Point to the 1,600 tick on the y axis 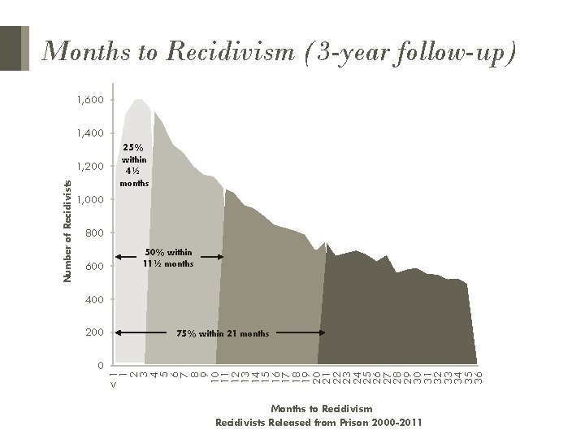pyautogui.click(x=91, y=100)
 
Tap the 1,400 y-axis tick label pyautogui.click(x=91, y=133)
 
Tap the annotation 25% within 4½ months pyautogui.click(x=132, y=165)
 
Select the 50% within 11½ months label pyautogui.click(x=168, y=258)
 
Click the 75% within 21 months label pyautogui.click(x=223, y=333)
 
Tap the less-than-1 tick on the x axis pyautogui.click(x=113, y=379)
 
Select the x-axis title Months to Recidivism pyautogui.click(x=323, y=408)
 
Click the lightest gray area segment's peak pyautogui.click(x=139, y=101)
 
